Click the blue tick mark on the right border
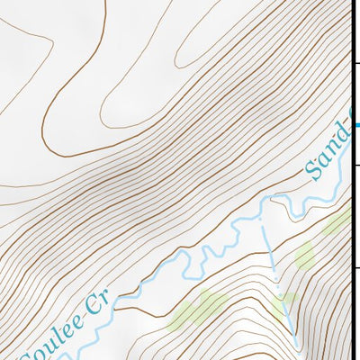click(357, 125)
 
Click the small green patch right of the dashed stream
click(304, 255)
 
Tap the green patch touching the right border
click(338, 220)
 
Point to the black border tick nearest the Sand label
click(356, 166)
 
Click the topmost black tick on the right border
click(356, 63)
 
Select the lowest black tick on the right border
click(356, 267)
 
